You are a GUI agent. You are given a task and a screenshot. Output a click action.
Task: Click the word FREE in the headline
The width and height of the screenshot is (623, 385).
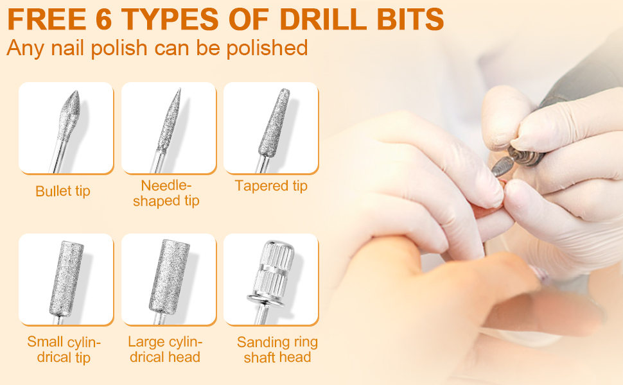pos(46,19)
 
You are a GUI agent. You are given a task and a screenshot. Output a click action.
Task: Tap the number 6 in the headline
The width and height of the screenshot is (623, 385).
pos(103,19)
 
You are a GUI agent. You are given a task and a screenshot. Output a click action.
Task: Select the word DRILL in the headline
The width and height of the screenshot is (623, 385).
pos(323,19)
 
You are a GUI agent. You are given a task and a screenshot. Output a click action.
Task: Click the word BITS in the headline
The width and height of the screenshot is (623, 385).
pos(410,19)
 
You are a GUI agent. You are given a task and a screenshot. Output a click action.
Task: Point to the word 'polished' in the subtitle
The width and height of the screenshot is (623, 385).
pos(267,48)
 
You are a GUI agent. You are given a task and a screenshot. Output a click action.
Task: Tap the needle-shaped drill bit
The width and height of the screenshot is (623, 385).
pos(167,129)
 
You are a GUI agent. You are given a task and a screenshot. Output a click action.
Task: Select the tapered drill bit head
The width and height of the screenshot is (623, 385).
pos(274,123)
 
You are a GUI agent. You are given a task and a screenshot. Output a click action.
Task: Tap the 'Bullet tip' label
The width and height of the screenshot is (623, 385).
pos(63,191)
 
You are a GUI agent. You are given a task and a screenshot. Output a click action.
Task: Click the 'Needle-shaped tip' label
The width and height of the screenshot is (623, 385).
pos(166,193)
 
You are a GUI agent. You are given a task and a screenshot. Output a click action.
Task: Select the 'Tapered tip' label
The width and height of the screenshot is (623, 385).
pos(271,185)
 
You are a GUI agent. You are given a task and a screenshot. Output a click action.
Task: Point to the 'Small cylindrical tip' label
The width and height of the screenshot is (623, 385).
pos(64,349)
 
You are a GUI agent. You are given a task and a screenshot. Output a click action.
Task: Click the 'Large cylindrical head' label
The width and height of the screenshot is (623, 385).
pos(165,349)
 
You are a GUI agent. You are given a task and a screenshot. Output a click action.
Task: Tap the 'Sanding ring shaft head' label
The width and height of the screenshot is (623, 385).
pos(277,349)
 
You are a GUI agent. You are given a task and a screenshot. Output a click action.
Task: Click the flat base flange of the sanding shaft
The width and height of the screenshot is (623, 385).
pos(266,299)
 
